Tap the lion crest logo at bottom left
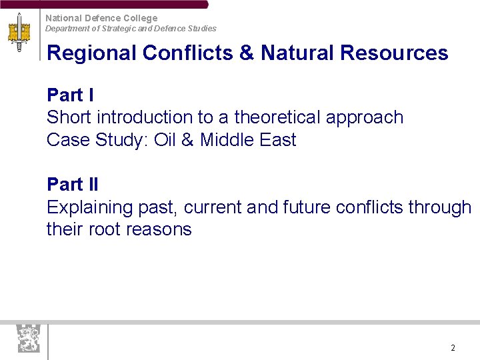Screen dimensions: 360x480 click(x=29, y=339)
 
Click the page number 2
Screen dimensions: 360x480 click(x=453, y=348)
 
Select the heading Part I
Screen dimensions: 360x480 click(x=70, y=95)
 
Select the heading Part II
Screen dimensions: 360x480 click(x=73, y=184)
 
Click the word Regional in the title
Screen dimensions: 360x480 click(x=91, y=53)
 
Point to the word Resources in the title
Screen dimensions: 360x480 click(x=394, y=53)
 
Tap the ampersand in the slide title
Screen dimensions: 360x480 click(x=246, y=53)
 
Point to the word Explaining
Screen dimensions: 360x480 click(x=90, y=208)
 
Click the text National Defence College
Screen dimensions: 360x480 click(x=101, y=18)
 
